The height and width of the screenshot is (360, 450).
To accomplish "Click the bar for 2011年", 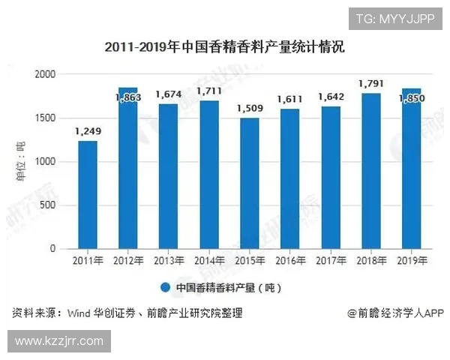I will coord(88,195).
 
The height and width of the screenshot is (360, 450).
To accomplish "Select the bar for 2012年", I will coord(128,168).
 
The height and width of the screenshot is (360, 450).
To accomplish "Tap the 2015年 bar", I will coord(250,184).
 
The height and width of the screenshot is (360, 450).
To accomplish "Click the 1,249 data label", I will coord(88,132).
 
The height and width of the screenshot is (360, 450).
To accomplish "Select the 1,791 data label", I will coord(371,84).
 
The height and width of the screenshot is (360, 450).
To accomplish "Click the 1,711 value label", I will coord(209,91).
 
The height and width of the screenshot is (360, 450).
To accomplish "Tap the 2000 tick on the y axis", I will coord(46,74).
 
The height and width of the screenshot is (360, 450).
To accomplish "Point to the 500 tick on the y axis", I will coord(49,205).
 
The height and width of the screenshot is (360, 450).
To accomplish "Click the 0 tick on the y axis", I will coord(53,248).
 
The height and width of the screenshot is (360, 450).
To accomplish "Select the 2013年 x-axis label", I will coord(169,261).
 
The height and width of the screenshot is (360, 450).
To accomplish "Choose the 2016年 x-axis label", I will coord(290,261).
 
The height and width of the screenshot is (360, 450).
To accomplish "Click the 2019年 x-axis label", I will coord(412,261).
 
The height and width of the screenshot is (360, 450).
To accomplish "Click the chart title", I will coord(224,47).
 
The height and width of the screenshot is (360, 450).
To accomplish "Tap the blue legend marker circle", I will coord(166,287).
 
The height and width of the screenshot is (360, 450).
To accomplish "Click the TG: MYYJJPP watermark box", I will coord(395,18).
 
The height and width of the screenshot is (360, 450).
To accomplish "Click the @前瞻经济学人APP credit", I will coord(395,313).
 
